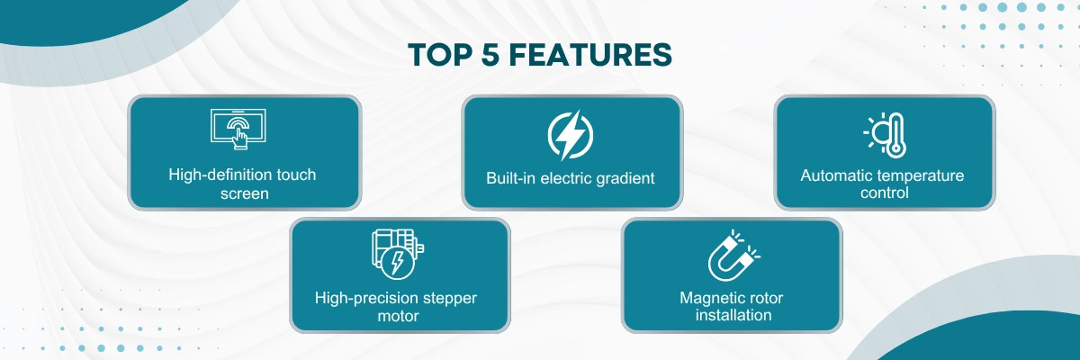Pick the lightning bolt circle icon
point(571,135)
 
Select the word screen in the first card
point(244,193)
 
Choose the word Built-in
point(517,177)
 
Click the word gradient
point(624,177)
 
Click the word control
point(884,193)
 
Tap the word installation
point(732,316)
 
